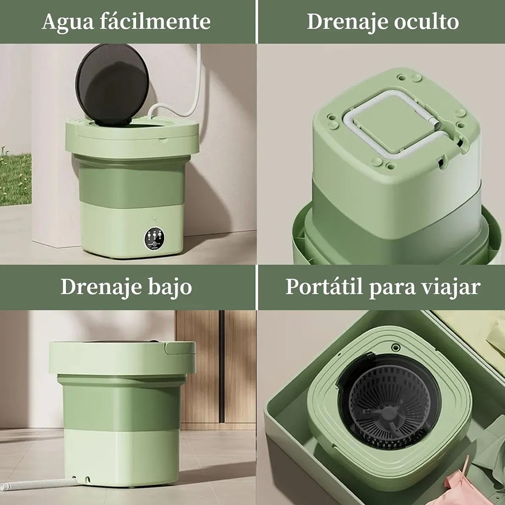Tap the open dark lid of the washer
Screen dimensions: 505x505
tap(112, 84)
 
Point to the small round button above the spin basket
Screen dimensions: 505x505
tap(396, 348)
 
